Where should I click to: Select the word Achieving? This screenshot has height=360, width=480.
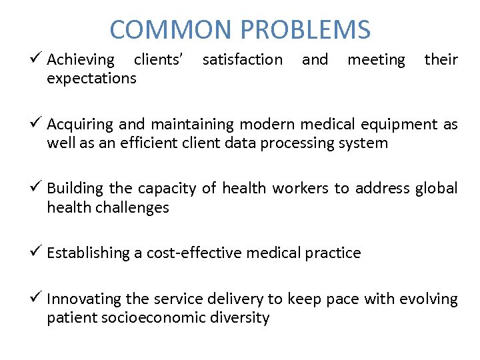(81, 60)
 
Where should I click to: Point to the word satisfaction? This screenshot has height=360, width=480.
(242, 60)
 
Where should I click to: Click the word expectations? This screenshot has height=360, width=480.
(91, 79)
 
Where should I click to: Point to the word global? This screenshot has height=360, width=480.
(436, 189)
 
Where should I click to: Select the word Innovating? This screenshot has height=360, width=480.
(81, 299)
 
